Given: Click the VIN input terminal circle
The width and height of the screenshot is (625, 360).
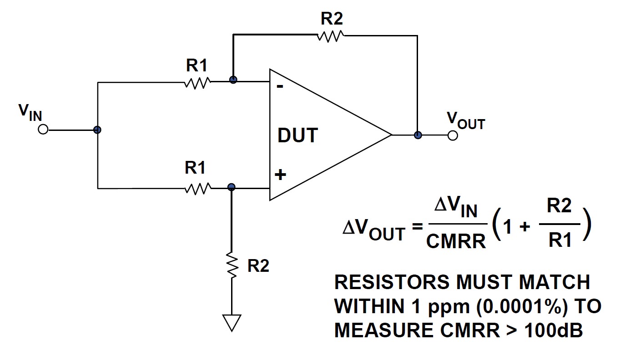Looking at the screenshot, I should tap(43, 130).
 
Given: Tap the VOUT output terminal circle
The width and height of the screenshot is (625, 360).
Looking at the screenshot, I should tap(453, 135).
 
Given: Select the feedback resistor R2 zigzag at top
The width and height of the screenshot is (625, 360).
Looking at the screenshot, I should tap(331, 36).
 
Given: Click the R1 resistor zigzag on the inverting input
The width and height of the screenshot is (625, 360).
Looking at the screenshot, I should tap(197, 83).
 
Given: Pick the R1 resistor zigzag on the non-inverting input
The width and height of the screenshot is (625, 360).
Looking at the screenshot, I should tap(198, 188).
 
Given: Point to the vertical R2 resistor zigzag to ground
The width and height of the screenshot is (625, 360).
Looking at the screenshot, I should tap(232, 266).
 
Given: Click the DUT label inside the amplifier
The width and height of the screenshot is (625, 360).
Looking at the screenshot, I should tap(298, 135).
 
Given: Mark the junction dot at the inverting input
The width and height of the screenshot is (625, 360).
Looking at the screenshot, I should tap(233, 80).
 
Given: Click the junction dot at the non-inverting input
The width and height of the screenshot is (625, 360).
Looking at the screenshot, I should tap(232, 187).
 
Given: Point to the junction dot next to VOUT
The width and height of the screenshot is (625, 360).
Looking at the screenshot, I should tap(418, 135).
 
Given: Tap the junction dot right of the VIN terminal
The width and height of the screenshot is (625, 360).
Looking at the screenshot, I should tap(97, 130).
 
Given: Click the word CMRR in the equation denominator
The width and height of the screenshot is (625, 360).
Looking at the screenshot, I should tap(456, 241).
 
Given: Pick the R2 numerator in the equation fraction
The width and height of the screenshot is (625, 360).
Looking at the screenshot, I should tap(559, 207).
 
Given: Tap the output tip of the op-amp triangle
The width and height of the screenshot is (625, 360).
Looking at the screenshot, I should tap(391, 135).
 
